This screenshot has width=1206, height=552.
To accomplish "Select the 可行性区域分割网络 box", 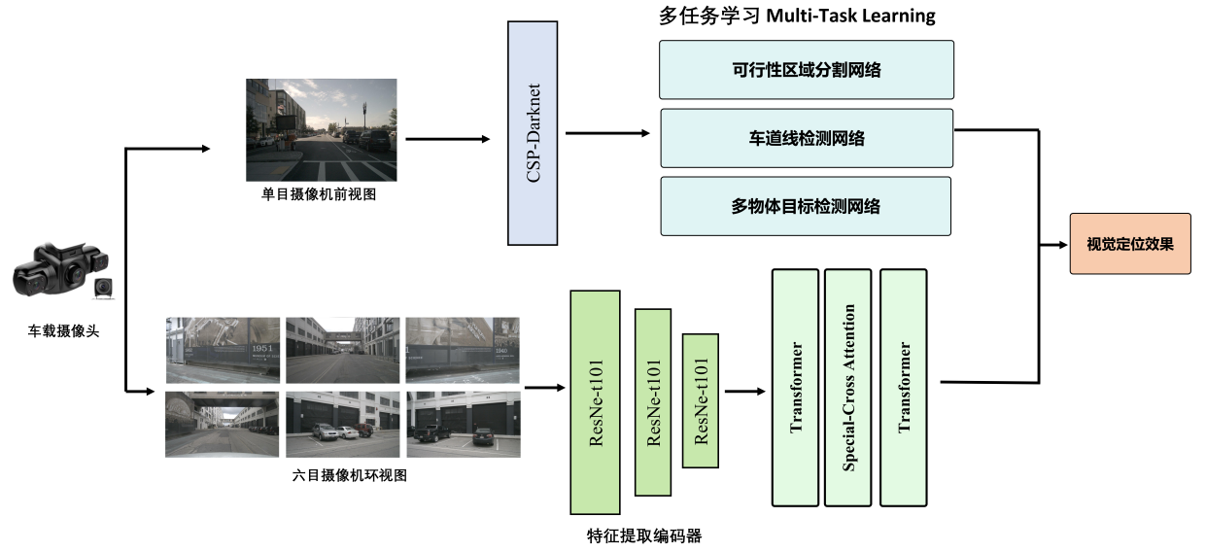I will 807,69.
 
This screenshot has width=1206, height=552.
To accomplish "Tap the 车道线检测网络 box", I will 807,138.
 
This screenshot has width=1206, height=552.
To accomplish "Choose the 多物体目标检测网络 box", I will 806,206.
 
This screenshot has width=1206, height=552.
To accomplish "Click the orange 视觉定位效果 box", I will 1129,243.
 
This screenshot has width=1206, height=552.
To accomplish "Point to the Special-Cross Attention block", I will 848,387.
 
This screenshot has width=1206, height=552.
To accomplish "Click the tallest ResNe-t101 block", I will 595,401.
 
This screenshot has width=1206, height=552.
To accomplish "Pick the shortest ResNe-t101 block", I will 700,400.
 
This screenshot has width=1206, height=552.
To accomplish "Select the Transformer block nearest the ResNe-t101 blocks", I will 796,387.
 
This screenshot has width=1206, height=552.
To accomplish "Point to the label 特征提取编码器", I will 644,535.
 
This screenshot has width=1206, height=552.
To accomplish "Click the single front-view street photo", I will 321,129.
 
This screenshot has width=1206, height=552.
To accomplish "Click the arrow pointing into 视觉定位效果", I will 1053,244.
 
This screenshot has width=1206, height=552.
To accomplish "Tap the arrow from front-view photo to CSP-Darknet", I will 448,139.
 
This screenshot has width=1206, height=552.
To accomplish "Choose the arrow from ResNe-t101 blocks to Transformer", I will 744,392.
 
